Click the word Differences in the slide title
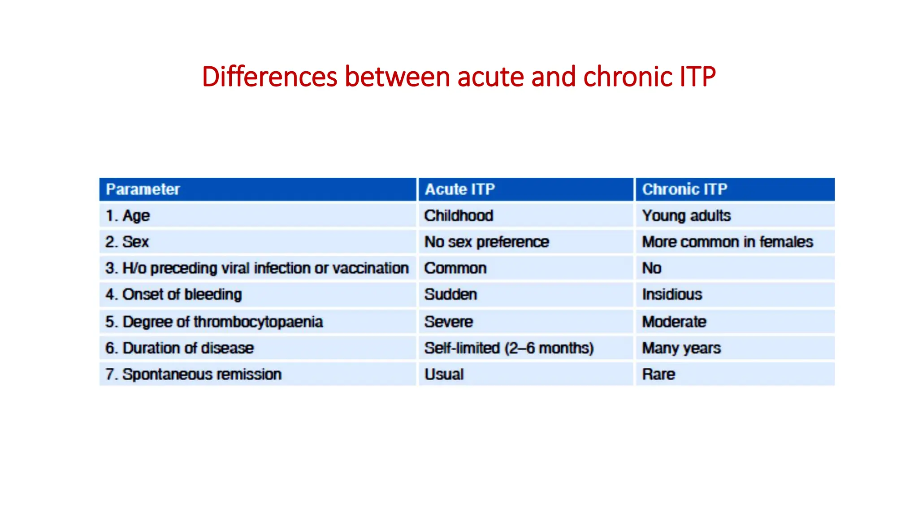point(269,77)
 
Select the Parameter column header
point(143,189)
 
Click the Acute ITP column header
point(459,189)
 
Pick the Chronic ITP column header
point(684,189)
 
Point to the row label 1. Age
point(127,216)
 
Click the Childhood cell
point(459,216)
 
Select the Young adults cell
point(686,216)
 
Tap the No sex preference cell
point(486,242)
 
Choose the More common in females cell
point(727,242)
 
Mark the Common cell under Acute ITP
point(455,268)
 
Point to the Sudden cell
point(450,295)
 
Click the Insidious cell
point(671,295)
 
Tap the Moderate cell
point(674,322)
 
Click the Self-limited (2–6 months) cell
point(509,348)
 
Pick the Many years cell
point(681,348)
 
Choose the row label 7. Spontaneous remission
point(193,374)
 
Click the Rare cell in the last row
point(658,374)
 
